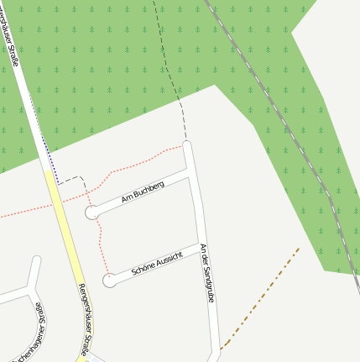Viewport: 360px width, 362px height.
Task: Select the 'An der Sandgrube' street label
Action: point(207,273)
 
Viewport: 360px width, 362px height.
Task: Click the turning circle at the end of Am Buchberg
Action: point(91,213)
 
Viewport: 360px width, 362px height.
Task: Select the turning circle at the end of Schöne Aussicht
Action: point(109,280)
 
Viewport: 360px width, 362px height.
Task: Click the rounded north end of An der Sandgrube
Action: point(187,145)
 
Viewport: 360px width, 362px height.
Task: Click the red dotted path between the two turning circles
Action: point(99,249)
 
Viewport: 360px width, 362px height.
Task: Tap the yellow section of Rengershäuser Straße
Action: point(64,227)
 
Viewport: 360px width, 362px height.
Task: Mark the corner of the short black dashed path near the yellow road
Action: point(82,178)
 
